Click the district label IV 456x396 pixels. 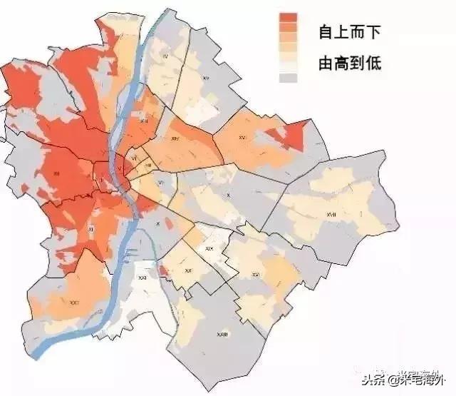coord(165,55)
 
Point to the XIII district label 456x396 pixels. coord(145,122)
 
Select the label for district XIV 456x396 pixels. coord(175,139)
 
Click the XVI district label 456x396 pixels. coord(242,136)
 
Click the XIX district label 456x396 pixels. coord(209,248)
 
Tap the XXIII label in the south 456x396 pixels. coord(222,333)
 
